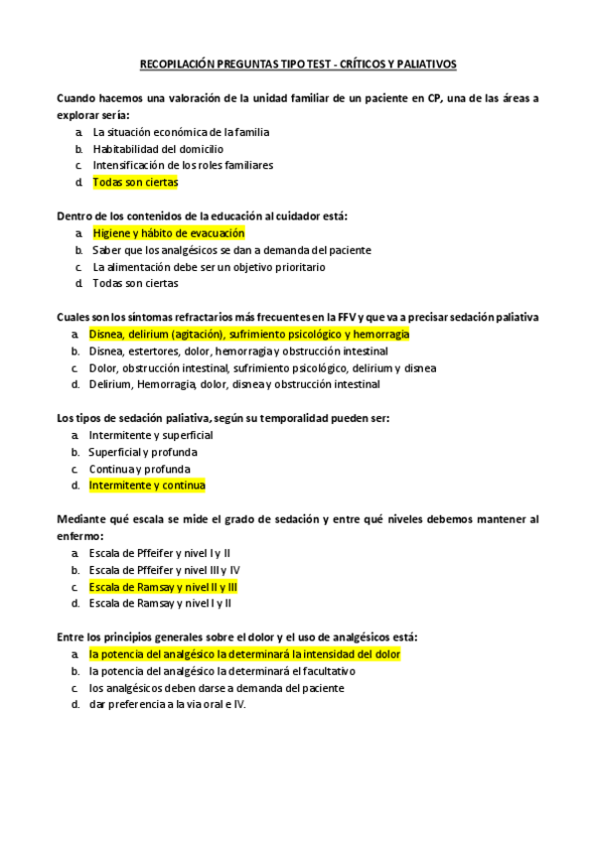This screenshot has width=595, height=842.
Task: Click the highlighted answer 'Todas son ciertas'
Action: click(x=135, y=183)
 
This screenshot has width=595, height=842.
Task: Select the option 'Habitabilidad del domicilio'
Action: click(x=158, y=149)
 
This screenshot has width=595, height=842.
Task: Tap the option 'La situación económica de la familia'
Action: click(x=181, y=132)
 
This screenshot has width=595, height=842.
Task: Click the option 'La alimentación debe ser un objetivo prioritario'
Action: click(x=209, y=267)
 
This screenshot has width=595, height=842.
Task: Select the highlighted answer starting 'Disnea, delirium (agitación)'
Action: click(x=248, y=335)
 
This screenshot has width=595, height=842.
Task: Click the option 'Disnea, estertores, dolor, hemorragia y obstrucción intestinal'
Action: click(x=238, y=351)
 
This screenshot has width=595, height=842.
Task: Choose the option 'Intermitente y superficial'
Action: click(x=151, y=435)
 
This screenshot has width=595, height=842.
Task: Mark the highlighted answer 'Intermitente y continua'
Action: click(x=147, y=486)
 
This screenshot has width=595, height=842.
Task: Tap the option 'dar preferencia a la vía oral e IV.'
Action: click(x=167, y=705)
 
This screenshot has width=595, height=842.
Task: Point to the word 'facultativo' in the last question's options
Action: click(x=299, y=671)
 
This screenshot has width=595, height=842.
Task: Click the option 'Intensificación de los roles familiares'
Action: click(x=183, y=166)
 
